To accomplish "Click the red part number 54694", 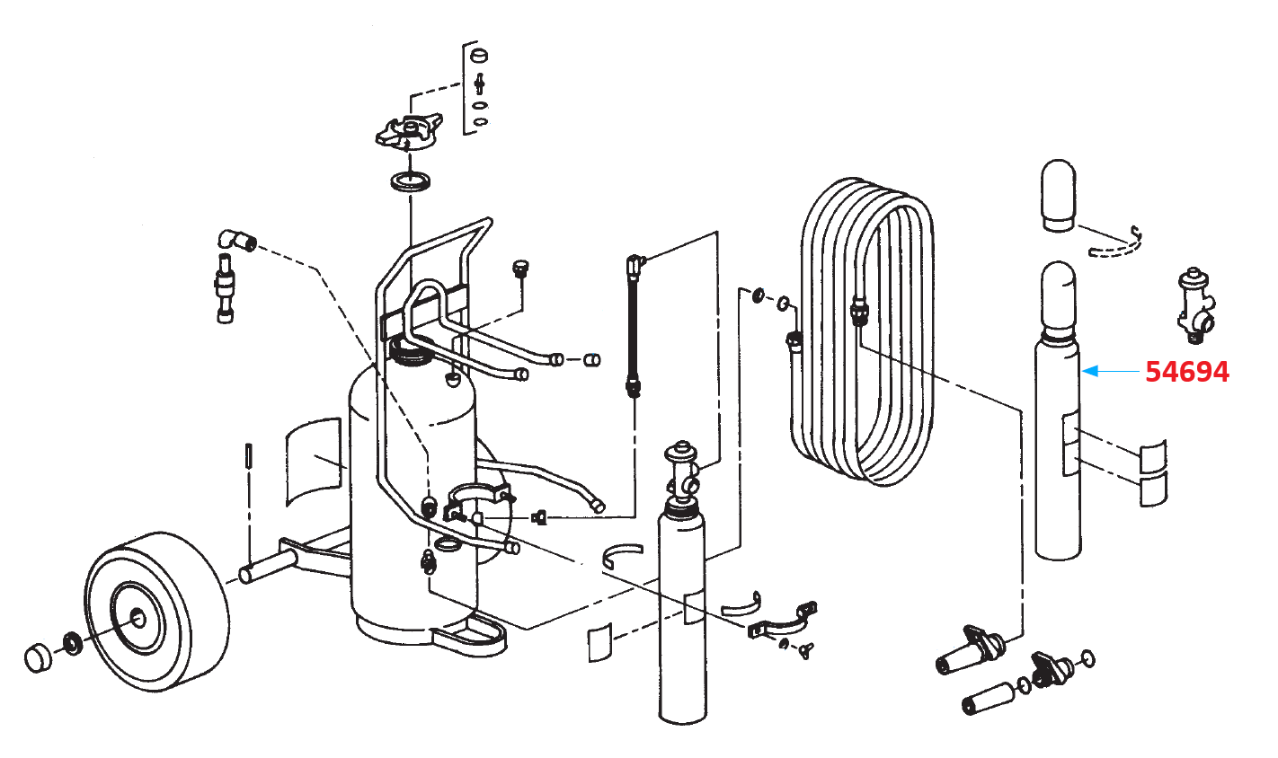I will (1186, 371).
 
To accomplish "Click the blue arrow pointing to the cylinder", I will (1109, 370).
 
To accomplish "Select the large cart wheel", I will (156, 612).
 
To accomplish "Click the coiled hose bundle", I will (868, 332).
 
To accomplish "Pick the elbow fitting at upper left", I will (235, 240).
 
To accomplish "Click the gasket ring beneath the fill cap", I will (411, 183).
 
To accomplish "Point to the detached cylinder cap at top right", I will (1058, 195).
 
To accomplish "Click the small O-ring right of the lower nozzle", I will (1089, 659).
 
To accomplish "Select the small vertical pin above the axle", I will (248, 465).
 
